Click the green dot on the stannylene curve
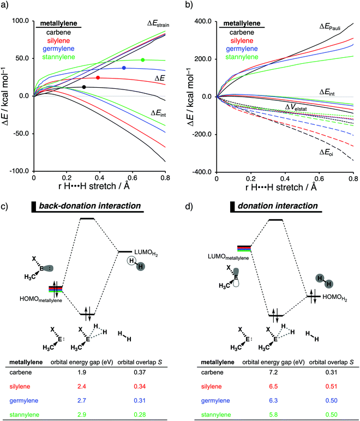tap(143, 60)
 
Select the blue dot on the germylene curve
tap(124, 68)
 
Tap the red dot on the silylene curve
tap(98, 78)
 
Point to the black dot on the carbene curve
tap(83, 87)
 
